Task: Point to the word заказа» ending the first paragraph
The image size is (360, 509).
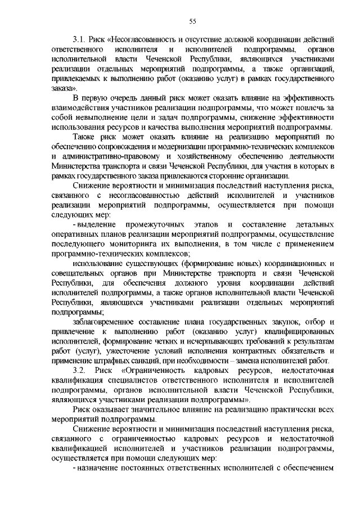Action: tap(65, 88)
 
